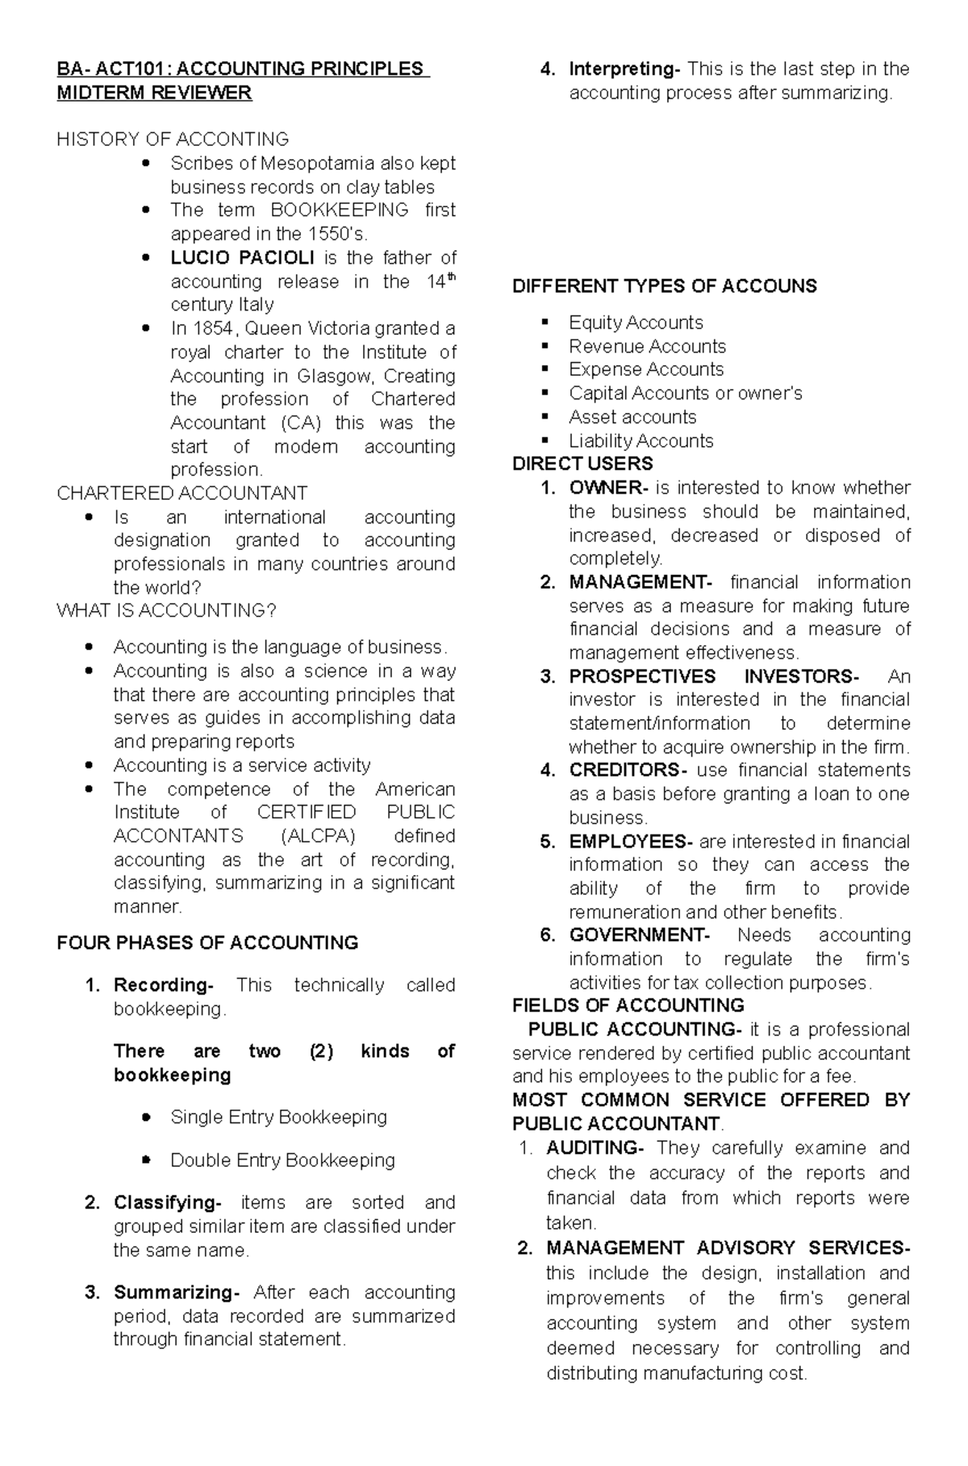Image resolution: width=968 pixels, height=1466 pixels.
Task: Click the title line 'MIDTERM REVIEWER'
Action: tap(154, 93)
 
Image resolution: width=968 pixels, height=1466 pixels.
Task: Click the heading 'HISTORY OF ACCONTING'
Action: tap(173, 140)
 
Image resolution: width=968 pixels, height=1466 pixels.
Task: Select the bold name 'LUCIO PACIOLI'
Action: tap(242, 258)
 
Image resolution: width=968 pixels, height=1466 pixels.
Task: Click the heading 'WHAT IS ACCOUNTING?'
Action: tap(166, 611)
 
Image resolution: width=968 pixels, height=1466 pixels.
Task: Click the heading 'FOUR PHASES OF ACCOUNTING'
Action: tap(207, 943)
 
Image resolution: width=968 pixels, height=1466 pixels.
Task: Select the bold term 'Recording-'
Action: tap(163, 985)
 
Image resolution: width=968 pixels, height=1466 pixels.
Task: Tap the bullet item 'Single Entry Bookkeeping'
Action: tap(278, 1117)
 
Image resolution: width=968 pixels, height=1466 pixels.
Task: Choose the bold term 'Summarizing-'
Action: tap(177, 1293)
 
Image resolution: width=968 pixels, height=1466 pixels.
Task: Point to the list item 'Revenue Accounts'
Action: tap(647, 347)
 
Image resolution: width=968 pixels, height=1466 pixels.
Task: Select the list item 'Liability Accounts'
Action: tap(640, 441)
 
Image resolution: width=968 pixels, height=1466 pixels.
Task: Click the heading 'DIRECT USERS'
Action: tap(582, 464)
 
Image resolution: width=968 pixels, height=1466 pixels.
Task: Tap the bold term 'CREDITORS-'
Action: tap(628, 770)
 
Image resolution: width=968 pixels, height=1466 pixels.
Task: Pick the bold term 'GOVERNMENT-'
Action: tap(639, 935)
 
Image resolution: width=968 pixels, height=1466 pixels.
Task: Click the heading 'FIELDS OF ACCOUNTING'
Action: tap(628, 1006)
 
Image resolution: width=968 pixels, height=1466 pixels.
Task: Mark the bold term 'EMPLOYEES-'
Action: tap(630, 841)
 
